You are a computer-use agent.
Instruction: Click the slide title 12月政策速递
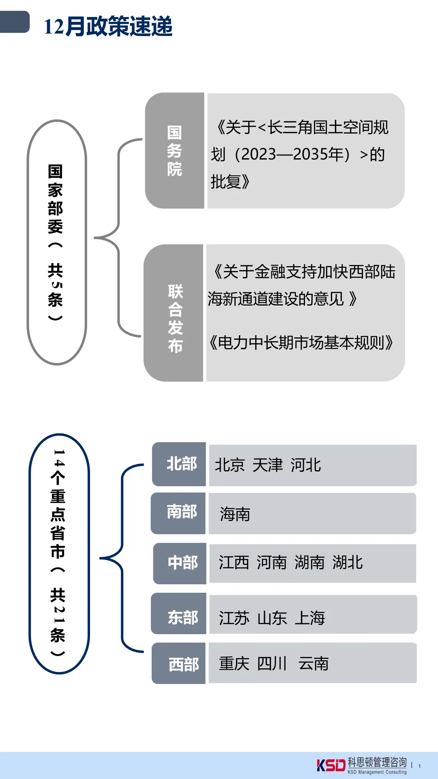(x=108, y=27)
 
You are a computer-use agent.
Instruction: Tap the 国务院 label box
(x=175, y=151)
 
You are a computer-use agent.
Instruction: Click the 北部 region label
(x=181, y=464)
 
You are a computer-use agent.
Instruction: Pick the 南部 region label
(x=181, y=512)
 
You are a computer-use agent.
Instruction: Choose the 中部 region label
(x=182, y=563)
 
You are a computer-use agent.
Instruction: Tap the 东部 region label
(x=182, y=618)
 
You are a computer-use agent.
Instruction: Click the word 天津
(x=267, y=465)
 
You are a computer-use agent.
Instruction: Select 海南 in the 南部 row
(x=235, y=514)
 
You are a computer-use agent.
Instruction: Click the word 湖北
(x=348, y=563)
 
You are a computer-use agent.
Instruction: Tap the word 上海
(x=310, y=618)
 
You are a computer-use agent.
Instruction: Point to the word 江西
(x=234, y=563)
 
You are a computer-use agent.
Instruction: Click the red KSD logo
(x=331, y=765)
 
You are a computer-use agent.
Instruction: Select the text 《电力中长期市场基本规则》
(x=301, y=343)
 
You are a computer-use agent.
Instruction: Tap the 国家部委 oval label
(x=56, y=242)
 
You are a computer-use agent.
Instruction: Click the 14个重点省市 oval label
(x=58, y=553)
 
